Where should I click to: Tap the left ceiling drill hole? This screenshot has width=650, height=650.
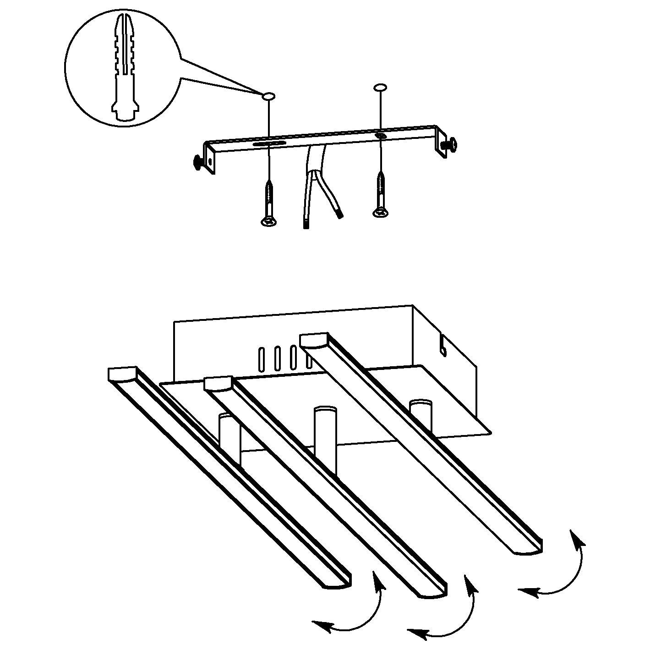(x=268, y=96)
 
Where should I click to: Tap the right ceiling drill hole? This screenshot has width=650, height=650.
(x=380, y=87)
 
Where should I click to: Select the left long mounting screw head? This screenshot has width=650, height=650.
(x=268, y=222)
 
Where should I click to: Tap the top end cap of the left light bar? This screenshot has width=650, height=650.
(x=122, y=374)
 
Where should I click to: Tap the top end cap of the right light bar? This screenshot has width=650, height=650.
(x=314, y=340)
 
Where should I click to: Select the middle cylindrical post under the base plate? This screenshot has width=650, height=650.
(x=325, y=429)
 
